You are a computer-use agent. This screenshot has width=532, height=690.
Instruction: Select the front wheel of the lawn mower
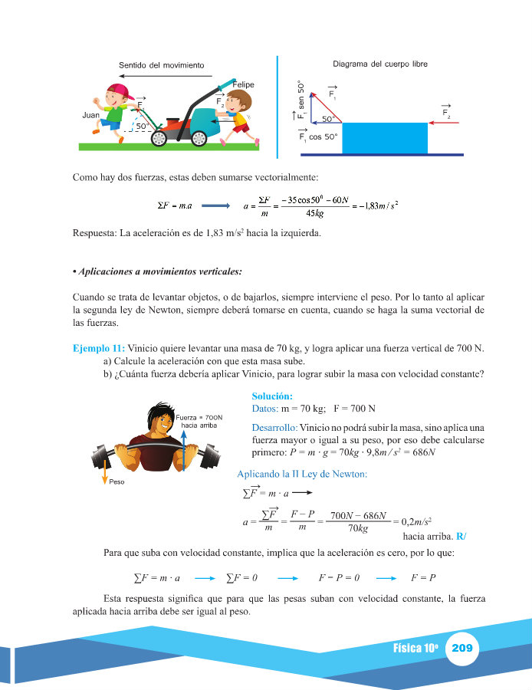tap(160, 137)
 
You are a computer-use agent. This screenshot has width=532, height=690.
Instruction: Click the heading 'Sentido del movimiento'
tap(161, 66)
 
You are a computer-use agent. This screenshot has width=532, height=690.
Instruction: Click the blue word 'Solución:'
tap(272, 396)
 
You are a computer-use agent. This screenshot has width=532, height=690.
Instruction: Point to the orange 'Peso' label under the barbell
tap(116, 483)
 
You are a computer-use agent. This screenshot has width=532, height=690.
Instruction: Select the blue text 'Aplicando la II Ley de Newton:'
tap(302, 474)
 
